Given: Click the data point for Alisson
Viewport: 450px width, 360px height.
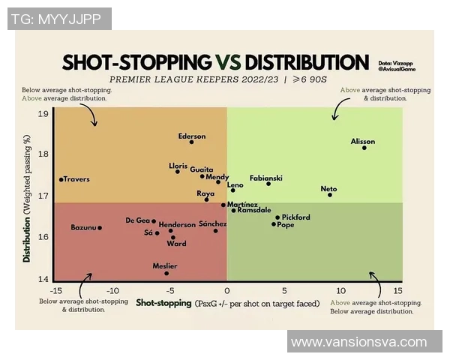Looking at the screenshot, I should pos(364,148).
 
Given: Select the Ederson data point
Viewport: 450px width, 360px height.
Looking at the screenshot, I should pos(192,142).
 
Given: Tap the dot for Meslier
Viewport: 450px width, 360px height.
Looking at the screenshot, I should pos(166,273).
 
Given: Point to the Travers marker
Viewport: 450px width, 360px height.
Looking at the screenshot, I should pos(61,179).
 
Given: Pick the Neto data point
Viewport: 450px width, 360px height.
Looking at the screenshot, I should pos(330,195).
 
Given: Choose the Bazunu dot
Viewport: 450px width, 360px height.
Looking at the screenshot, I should pos(100,227).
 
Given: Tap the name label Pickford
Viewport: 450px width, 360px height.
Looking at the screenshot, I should pos(295,217).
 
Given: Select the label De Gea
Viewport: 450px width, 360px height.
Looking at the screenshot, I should pos(137,220).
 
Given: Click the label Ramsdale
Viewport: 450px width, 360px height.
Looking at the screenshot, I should pos(253,211).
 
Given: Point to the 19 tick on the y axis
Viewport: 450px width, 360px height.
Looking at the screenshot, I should pos(43,113).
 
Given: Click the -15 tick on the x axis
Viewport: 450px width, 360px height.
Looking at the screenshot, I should pos(55,290).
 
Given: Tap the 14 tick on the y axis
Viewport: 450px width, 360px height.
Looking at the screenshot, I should pos(43,278).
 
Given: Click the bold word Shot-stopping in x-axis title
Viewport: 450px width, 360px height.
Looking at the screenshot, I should pos(163,304).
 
